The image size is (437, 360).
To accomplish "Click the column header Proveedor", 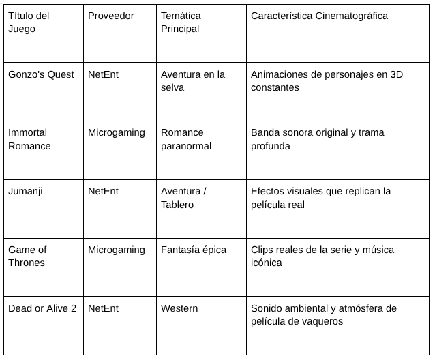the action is [x=111, y=16].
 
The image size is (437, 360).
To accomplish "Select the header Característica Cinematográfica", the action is [x=319, y=16].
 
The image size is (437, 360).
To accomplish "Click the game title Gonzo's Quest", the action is [x=42, y=74].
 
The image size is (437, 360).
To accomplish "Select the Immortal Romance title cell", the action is [x=30, y=139].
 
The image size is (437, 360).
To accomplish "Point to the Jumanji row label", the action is [x=25, y=191].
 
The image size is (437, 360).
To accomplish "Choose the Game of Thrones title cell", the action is [x=28, y=256].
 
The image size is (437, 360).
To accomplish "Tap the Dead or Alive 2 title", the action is [x=42, y=308].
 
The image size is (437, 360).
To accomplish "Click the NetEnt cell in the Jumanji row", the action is [x=103, y=191].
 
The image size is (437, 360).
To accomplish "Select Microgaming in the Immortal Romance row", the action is [x=117, y=132].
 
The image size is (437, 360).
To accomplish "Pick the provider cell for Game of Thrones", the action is [x=117, y=250].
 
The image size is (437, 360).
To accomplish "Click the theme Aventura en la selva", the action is [x=193, y=80].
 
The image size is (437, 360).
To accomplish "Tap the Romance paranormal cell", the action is [x=186, y=139].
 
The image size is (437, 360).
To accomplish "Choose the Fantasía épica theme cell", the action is [x=194, y=250].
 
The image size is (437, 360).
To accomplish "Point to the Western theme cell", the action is [x=179, y=308].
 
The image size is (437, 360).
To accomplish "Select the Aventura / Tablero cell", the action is [x=183, y=198].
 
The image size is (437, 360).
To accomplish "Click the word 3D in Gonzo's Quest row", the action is [x=395, y=74].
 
